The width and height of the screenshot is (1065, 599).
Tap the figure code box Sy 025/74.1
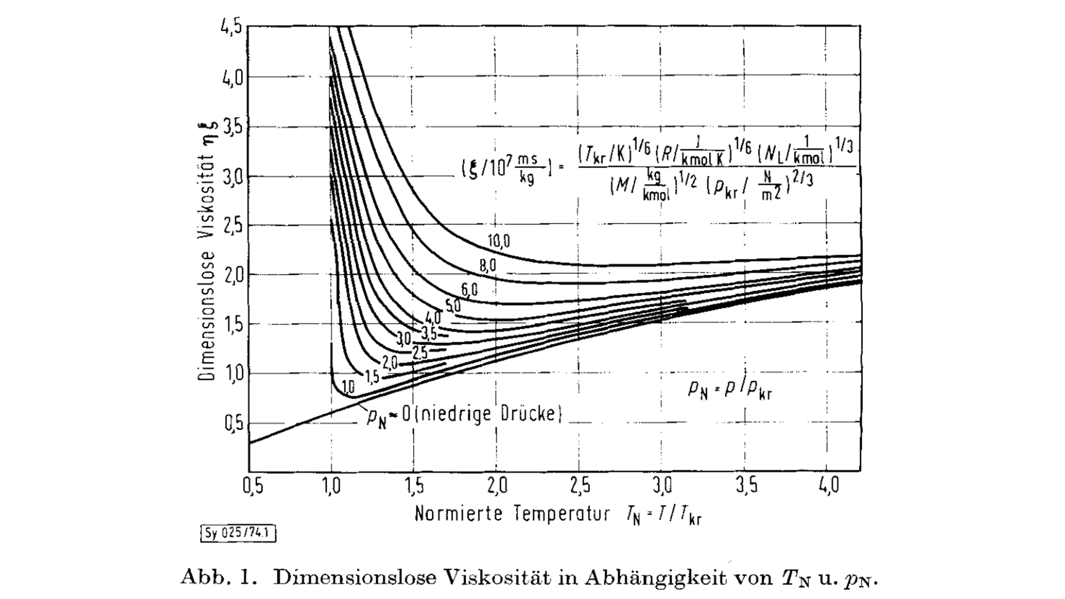coord(238,533)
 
